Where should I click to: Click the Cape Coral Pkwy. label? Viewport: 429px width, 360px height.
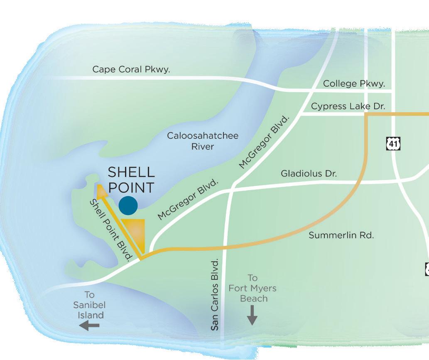point(131,69)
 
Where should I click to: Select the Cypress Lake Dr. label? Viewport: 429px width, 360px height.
point(348,106)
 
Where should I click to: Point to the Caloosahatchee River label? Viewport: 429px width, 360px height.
point(203,141)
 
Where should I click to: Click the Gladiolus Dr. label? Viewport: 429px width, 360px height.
point(309,173)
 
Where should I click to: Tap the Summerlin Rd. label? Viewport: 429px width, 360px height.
point(341,235)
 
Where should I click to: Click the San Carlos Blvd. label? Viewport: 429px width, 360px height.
point(215,295)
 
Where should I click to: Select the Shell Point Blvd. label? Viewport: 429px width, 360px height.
point(111,230)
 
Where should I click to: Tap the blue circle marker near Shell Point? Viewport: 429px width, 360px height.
point(128,205)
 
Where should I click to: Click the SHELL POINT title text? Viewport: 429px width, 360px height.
point(131,180)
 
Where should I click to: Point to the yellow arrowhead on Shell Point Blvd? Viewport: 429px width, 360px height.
point(100,190)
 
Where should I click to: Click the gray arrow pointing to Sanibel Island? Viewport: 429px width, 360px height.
point(89,326)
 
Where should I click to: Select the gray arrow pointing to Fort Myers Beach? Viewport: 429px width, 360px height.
point(252,316)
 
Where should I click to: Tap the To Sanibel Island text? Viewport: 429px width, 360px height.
point(89,305)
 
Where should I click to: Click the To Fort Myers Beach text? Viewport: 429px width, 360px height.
point(252,288)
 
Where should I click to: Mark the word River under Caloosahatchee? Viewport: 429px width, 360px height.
point(203,147)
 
